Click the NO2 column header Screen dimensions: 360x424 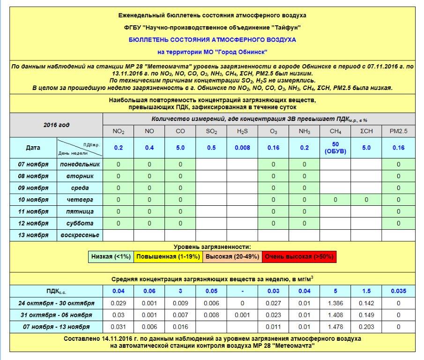pos(118,131)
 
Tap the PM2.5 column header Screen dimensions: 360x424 pos(398,131)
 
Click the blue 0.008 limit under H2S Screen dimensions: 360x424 pos(242,148)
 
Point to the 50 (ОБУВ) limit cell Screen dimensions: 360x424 pos(335,148)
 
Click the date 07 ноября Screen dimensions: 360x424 pos(33,164)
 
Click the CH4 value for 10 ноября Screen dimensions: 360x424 pos(335,200)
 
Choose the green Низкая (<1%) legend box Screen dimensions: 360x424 pos(112,256)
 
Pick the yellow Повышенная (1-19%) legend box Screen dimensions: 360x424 pos(168,256)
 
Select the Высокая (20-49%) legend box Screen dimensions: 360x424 pos(231,256)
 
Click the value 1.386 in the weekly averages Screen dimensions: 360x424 pos(335,303)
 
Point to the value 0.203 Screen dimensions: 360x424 pos(366,326)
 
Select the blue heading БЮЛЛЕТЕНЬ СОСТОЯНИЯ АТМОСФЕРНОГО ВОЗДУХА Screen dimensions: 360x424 pos(212,40)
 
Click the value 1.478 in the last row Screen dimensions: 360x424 pos(335,326)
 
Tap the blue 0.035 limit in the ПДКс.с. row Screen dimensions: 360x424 pos(398,291)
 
